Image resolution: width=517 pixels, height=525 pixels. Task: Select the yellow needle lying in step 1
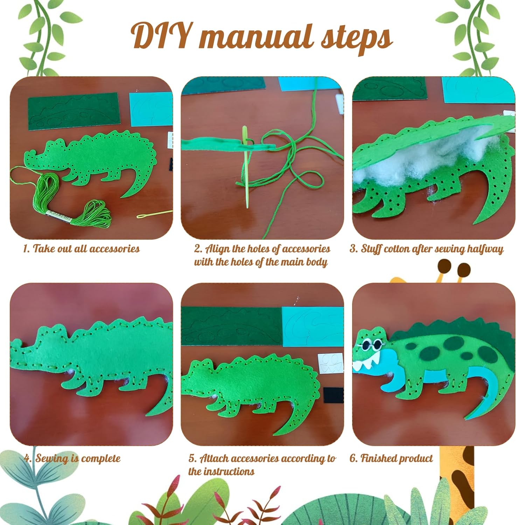tap(154, 214)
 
